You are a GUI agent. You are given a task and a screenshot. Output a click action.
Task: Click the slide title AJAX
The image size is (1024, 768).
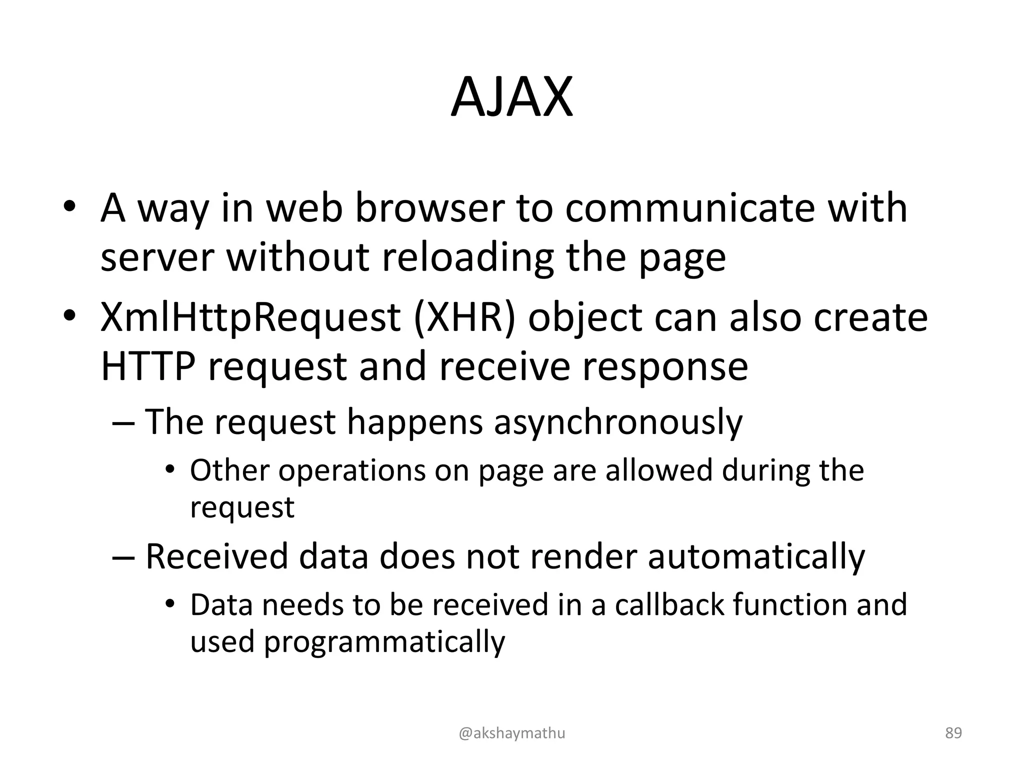[x=511, y=97]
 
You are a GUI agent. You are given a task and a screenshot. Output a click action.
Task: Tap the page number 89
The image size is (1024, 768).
[x=953, y=733]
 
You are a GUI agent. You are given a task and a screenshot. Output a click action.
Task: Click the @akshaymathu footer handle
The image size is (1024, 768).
[x=511, y=733]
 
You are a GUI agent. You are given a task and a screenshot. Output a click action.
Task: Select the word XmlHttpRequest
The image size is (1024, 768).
[x=250, y=317]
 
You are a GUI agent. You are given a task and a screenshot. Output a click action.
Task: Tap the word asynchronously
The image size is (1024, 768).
[x=618, y=422]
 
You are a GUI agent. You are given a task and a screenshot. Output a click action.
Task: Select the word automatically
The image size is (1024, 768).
[x=756, y=556]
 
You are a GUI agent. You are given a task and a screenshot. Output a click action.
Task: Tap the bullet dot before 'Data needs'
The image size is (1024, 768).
[x=170, y=604]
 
